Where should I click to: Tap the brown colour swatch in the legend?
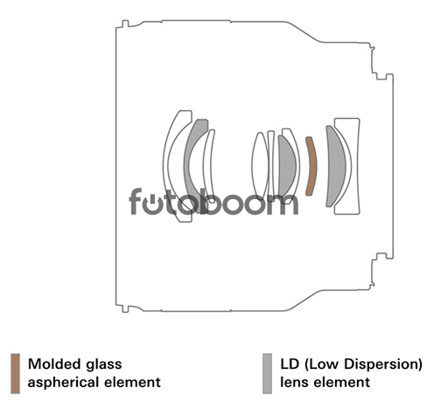[16, 373]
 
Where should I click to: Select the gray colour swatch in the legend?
[267, 373]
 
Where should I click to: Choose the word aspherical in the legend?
[62, 383]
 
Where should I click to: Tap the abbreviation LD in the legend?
[290, 364]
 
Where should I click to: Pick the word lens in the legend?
[292, 383]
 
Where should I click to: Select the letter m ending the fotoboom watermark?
[285, 204]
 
